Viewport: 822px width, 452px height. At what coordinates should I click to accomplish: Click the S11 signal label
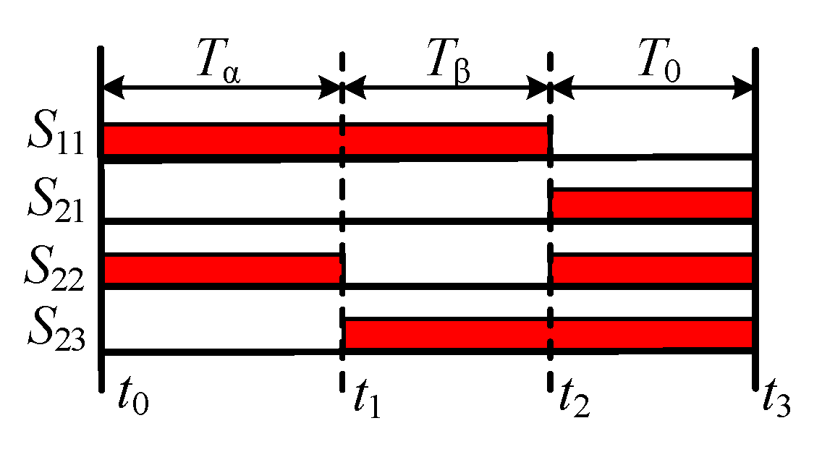tap(54, 138)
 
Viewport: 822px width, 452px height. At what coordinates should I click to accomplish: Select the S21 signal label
tap(54, 203)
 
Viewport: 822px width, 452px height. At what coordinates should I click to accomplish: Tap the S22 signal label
tap(54, 268)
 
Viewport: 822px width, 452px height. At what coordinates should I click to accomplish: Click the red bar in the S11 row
tap(326, 140)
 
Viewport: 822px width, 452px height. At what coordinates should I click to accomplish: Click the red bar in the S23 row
tap(548, 333)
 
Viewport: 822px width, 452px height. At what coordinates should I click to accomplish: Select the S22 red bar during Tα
tap(223, 269)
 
